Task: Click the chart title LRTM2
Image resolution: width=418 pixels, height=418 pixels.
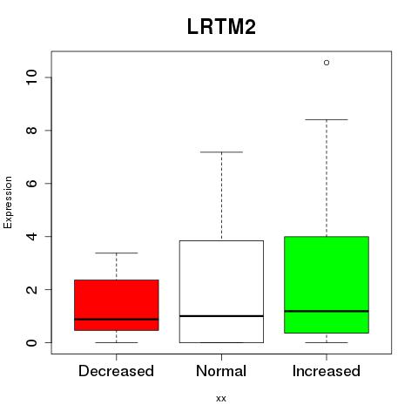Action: (221, 27)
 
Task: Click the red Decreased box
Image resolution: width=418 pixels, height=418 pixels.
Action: (117, 305)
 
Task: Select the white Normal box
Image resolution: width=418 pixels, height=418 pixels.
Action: (221, 292)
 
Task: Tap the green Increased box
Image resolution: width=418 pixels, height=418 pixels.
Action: (327, 285)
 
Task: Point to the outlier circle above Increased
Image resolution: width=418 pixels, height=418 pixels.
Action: (327, 63)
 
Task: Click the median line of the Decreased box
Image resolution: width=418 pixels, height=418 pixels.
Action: (117, 319)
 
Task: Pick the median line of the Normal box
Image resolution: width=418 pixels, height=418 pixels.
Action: (221, 316)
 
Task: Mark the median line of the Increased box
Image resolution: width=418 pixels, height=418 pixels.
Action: (327, 311)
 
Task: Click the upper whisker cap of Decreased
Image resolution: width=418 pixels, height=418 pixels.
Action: (117, 253)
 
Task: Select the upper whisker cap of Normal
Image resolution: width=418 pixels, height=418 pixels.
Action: (221, 152)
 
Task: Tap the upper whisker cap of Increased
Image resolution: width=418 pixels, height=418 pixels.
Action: (327, 119)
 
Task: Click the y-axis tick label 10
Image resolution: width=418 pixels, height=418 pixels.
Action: (32, 78)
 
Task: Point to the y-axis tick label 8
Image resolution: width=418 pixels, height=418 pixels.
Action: (32, 131)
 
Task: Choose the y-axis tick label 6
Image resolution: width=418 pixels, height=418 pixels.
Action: (32, 183)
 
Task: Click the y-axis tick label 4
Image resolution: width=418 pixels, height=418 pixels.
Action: (32, 236)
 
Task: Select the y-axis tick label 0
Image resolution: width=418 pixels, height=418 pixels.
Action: (32, 342)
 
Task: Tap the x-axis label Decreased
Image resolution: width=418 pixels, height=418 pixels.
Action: (116, 371)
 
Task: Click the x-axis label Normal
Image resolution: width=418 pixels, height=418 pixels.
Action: (221, 371)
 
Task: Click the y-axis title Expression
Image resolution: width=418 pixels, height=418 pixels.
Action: (8, 202)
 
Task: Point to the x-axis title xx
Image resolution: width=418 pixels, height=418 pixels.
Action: (221, 399)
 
